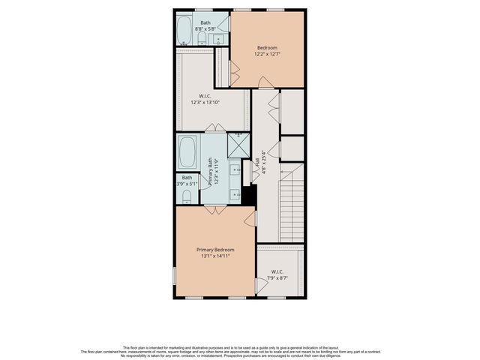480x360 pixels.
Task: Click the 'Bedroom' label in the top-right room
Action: [267, 47]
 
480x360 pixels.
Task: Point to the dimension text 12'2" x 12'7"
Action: [267, 54]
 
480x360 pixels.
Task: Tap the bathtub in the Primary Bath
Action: [187, 152]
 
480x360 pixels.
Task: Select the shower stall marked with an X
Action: [238, 145]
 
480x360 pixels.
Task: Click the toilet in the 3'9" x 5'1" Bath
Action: [187, 196]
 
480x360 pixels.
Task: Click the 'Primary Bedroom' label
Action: [215, 250]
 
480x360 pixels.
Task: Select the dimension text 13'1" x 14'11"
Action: [215, 256]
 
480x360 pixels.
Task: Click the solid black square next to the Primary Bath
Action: [250, 194]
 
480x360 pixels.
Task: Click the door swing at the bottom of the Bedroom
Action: [265, 82]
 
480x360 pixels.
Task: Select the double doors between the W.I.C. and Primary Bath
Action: [215, 127]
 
